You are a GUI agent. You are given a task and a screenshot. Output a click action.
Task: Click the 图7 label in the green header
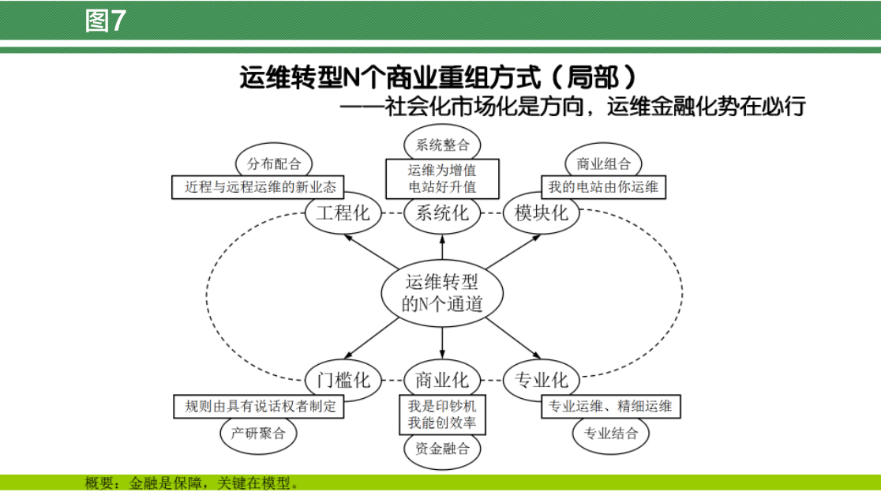click(105, 21)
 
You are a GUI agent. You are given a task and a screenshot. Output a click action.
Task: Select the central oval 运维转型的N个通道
click(441, 292)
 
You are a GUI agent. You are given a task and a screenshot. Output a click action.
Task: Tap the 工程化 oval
click(342, 212)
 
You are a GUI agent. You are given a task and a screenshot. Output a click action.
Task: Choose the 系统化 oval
click(441, 212)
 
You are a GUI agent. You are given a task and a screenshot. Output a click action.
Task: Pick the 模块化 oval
click(541, 212)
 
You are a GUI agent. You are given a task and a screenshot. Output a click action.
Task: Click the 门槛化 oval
click(342, 379)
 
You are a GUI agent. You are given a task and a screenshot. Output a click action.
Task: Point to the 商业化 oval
click(441, 379)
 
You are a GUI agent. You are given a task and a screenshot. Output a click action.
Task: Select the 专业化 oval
click(541, 379)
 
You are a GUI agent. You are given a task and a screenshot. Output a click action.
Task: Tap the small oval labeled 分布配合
click(274, 163)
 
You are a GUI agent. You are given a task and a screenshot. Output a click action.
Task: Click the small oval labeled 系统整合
click(441, 145)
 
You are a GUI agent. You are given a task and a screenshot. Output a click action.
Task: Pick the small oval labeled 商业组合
click(604, 163)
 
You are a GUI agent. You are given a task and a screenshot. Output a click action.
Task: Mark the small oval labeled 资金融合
click(441, 449)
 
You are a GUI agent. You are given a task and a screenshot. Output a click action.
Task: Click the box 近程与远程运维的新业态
click(261, 187)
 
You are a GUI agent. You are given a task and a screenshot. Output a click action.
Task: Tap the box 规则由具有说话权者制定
click(261, 407)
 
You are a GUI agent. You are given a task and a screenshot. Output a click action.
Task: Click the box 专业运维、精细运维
click(610, 407)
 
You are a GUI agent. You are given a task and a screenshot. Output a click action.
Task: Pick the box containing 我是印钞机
click(441, 415)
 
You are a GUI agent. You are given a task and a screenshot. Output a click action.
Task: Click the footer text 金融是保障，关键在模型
click(213, 483)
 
